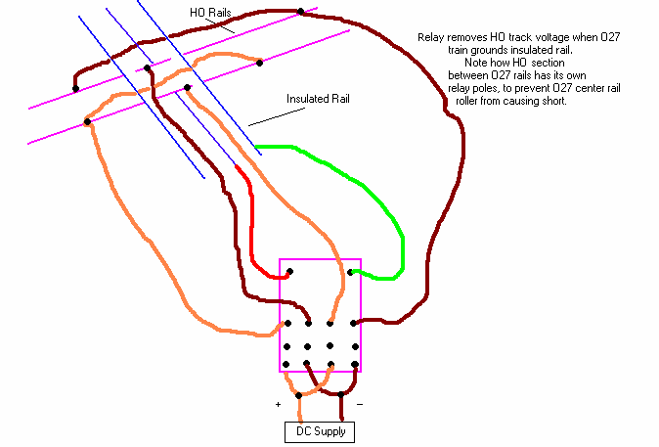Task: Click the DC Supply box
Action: click(x=320, y=430)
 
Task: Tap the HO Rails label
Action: click(x=211, y=13)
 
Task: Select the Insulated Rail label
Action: click(x=318, y=99)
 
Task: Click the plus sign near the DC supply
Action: click(x=279, y=402)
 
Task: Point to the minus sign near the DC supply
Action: click(x=359, y=402)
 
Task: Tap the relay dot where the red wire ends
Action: click(x=289, y=272)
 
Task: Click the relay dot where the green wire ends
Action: click(x=349, y=272)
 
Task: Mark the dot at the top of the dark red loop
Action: click(x=300, y=12)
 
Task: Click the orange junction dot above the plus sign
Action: click(x=299, y=395)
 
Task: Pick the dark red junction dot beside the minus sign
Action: click(x=341, y=395)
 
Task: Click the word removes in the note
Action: click(x=462, y=35)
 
